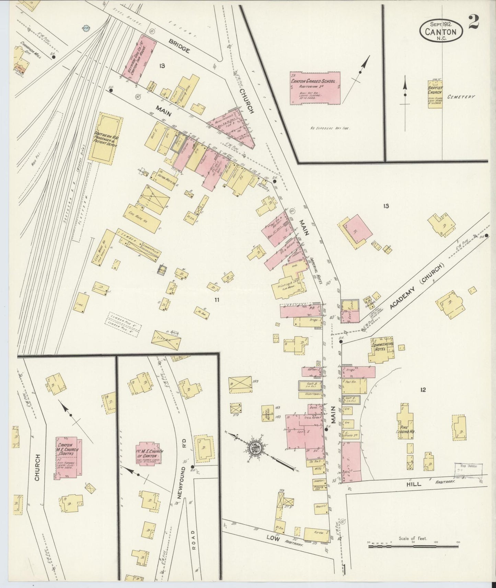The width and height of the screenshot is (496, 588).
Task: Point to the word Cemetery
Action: click(x=461, y=97)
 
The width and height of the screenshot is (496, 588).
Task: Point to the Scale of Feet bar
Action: click(x=413, y=545)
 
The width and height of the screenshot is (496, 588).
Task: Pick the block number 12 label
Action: click(x=423, y=389)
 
